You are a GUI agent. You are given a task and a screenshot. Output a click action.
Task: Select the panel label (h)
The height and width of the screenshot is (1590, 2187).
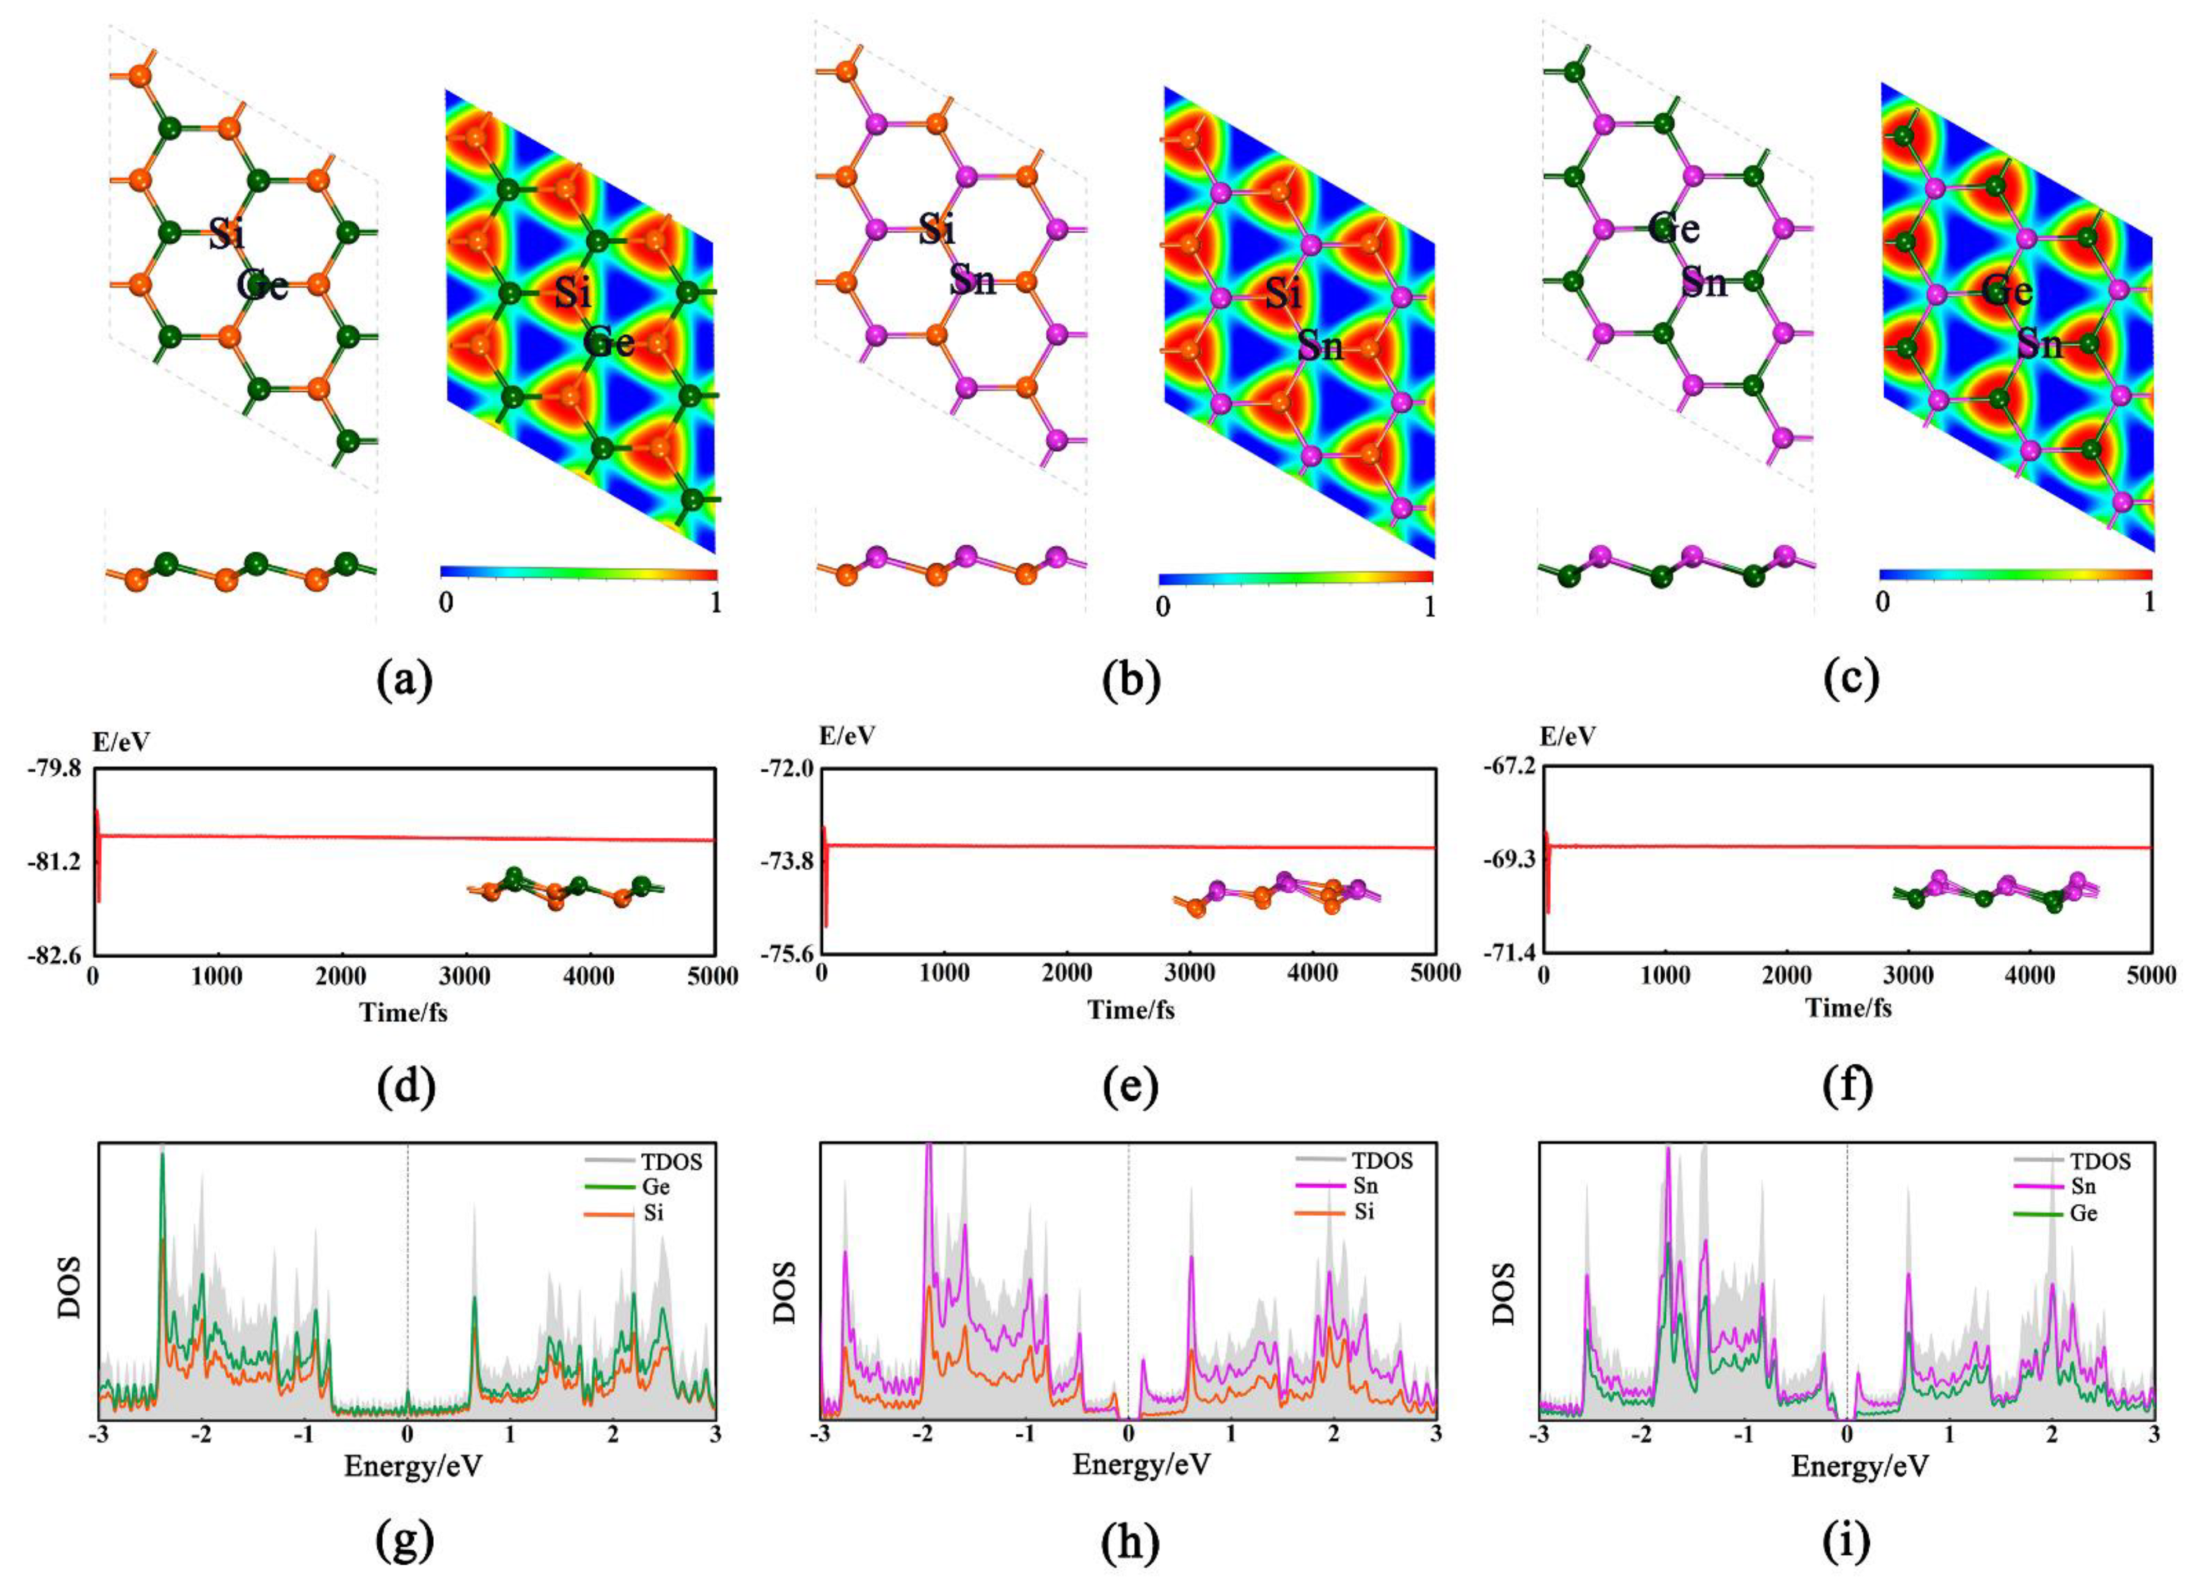(x=1130, y=1543)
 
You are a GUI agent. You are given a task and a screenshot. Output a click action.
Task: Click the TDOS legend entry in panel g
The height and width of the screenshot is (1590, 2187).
(x=671, y=1162)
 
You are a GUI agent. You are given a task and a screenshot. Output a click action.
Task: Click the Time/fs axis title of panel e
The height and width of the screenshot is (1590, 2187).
(x=1130, y=1010)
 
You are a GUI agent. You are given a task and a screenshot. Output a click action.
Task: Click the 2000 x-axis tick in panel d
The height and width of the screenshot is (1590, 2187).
(x=340, y=976)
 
